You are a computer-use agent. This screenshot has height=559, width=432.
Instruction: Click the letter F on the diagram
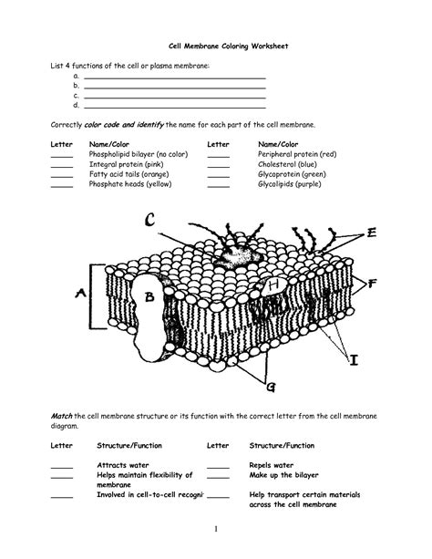tap(373, 284)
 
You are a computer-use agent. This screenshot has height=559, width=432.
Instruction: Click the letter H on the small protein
tap(274, 285)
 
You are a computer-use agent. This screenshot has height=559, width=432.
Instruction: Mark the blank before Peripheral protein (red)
tap(219, 155)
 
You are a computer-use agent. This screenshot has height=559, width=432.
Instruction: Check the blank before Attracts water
tap(61, 466)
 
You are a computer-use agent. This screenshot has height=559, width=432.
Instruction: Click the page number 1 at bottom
tap(216, 529)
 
